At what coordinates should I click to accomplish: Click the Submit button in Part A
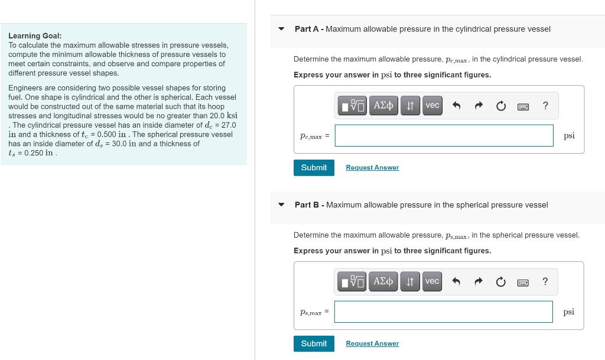coord(314,167)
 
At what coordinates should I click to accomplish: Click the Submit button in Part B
coord(314,343)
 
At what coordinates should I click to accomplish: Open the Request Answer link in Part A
coord(372,168)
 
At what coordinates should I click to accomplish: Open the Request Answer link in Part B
coord(372,344)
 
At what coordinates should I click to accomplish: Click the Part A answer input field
coord(444,135)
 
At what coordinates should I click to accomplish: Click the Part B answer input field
coord(444,312)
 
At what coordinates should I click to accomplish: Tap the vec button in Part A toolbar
coord(432,105)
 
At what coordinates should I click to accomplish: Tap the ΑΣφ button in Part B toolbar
coord(383,281)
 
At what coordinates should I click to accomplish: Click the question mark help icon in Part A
coord(545,106)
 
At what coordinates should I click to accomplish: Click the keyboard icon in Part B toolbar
coord(522,283)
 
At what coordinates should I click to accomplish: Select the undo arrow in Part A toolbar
coord(456,106)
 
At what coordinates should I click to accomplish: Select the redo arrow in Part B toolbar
coord(479,283)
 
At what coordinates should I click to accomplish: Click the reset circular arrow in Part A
coord(500,106)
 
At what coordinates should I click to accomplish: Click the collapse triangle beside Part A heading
coord(282,29)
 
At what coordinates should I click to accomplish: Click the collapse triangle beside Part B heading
coord(282,205)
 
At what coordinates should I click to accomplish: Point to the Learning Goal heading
coord(35,36)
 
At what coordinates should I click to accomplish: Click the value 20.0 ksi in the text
coord(225,115)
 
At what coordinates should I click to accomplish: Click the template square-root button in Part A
coord(353,106)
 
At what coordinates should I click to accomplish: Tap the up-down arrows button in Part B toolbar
coord(409,281)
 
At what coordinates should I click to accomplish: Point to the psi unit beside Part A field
coord(569,135)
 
